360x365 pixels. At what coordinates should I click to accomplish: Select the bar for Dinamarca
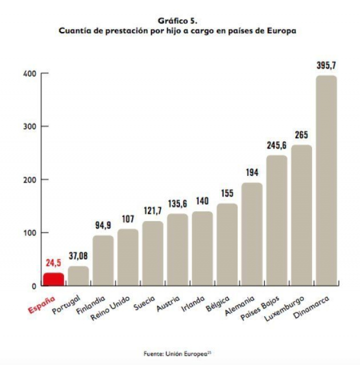pos(326,180)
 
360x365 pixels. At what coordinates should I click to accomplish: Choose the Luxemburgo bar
pos(301,215)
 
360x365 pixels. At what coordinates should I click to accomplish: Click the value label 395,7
pos(326,65)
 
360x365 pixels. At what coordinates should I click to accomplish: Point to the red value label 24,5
pos(53,262)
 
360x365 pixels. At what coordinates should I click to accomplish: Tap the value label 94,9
pos(103,225)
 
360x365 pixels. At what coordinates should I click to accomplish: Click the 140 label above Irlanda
pos(202,201)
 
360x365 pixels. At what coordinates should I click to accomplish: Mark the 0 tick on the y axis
pos(33,286)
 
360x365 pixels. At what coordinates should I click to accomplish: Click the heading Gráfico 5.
pos(177,21)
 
